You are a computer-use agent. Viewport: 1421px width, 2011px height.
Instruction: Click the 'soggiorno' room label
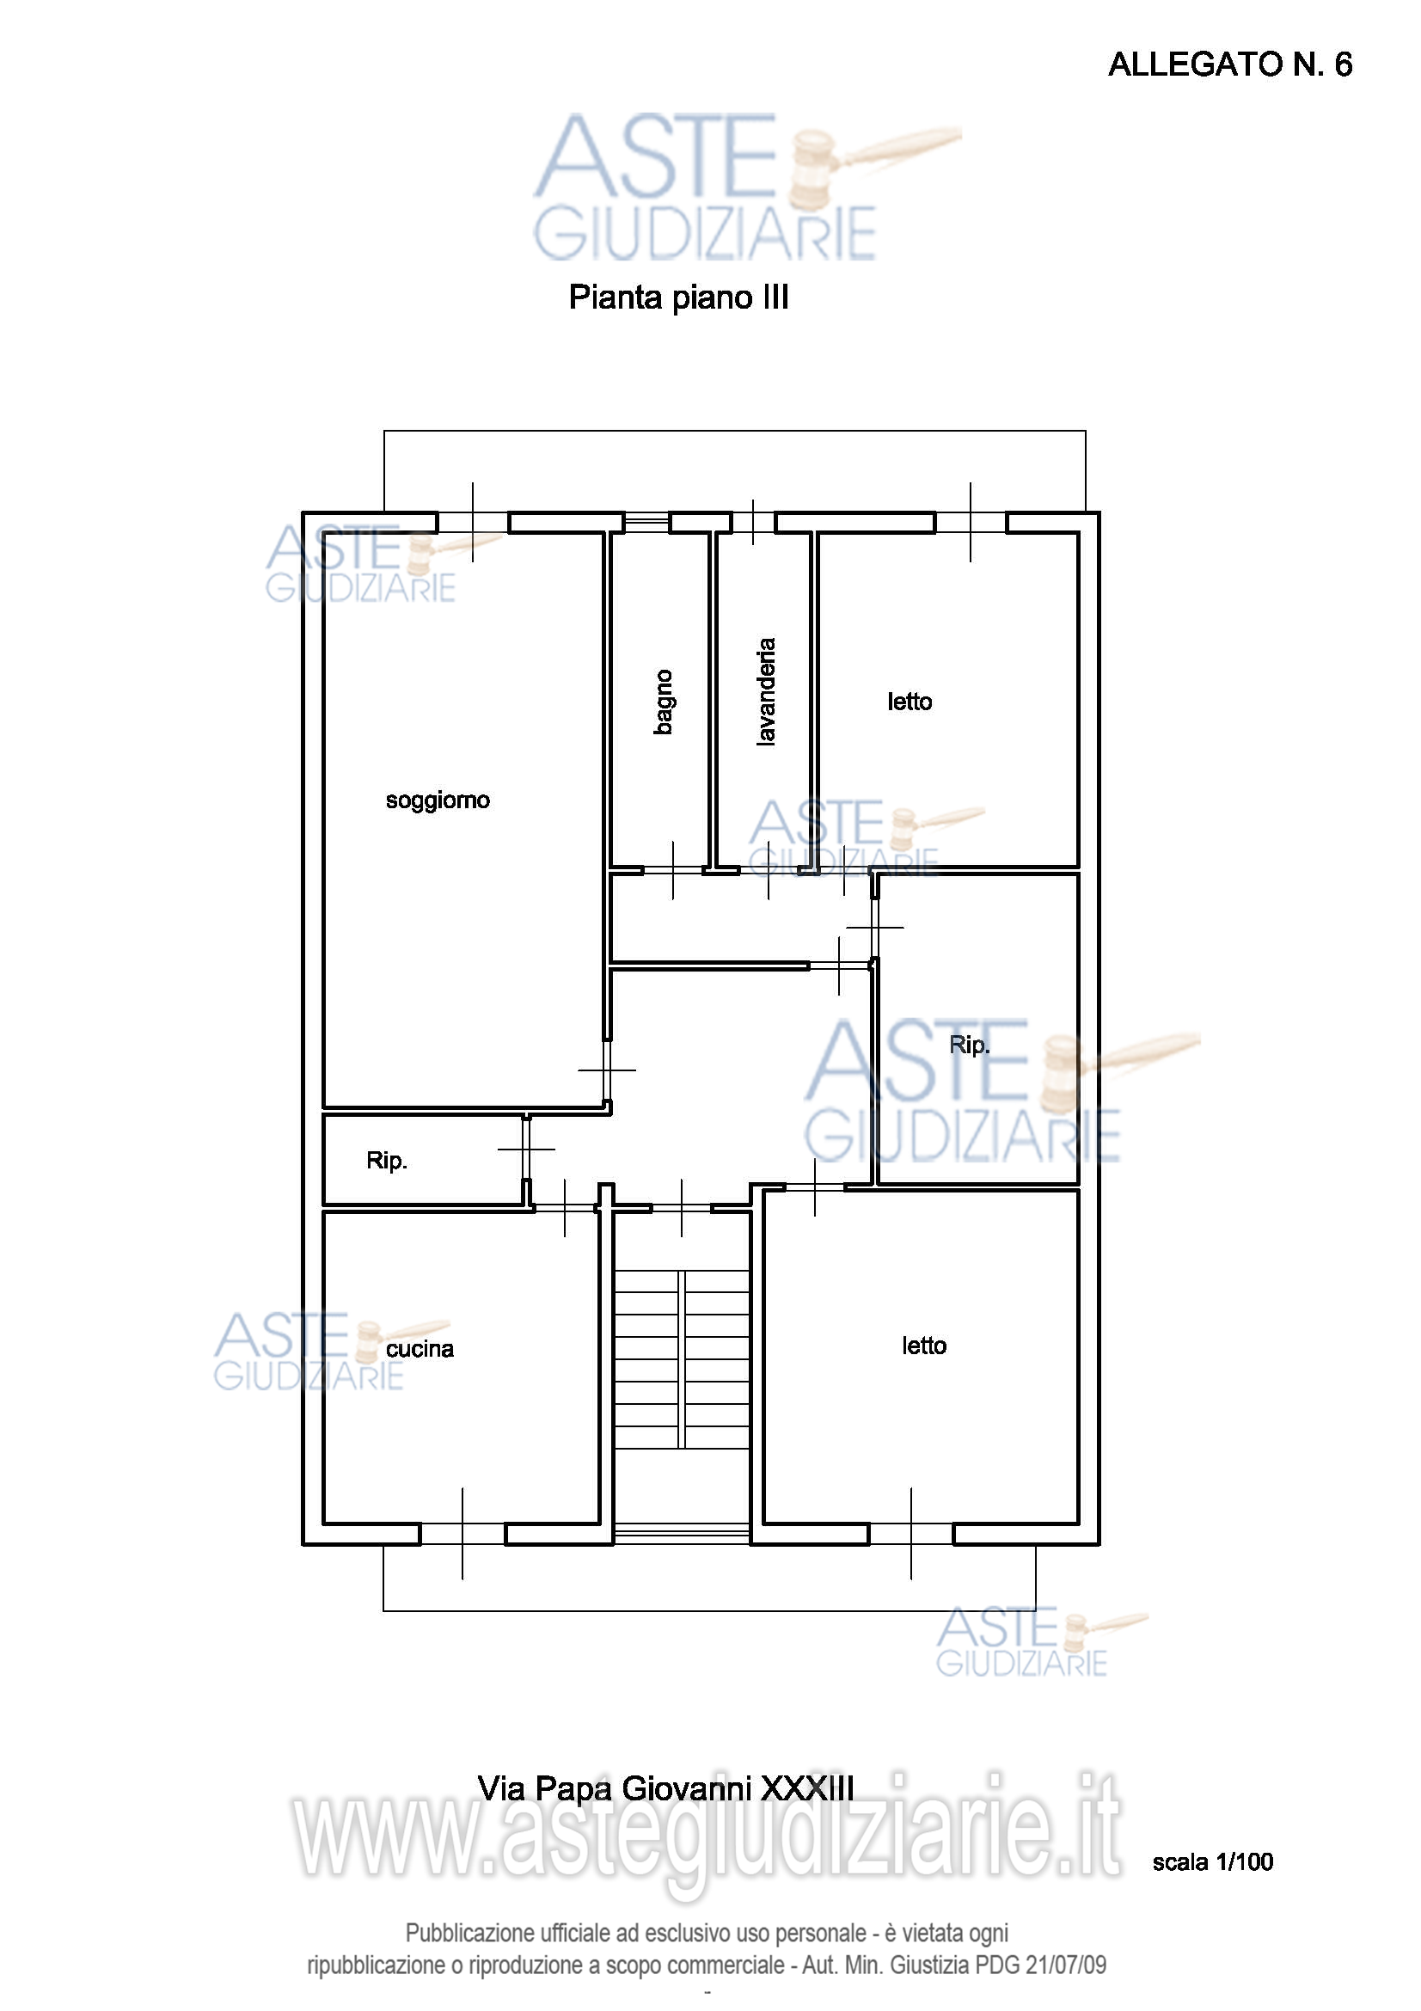coord(438,800)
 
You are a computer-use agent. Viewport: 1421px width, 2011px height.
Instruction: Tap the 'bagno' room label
coord(664,702)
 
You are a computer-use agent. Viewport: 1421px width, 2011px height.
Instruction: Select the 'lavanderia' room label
coord(766,692)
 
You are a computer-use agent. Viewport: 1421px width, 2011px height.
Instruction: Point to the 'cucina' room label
coord(420,1349)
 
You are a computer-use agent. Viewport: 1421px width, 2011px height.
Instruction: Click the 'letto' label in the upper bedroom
coord(910,702)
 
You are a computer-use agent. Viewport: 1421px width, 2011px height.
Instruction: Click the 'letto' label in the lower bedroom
coord(925,1346)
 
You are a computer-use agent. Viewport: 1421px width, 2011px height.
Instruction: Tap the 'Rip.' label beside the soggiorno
coord(387,1161)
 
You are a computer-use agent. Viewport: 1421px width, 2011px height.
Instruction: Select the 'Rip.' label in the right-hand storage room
coord(970,1045)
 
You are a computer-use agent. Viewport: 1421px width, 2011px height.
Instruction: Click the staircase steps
coord(681,1359)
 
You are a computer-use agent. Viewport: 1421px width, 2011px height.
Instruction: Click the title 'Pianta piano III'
coord(678,297)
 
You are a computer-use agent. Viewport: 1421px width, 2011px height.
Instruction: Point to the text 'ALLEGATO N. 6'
coord(1230,64)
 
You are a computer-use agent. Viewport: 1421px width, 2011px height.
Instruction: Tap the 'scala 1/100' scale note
coord(1213,1862)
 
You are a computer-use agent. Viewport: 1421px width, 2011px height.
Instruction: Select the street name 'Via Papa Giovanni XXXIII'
coord(665,1788)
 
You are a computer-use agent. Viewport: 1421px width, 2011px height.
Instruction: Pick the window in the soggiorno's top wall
coord(473,523)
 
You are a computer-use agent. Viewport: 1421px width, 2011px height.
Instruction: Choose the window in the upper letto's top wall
coord(971,523)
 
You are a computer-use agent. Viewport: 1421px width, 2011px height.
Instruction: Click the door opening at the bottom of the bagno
coord(673,871)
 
